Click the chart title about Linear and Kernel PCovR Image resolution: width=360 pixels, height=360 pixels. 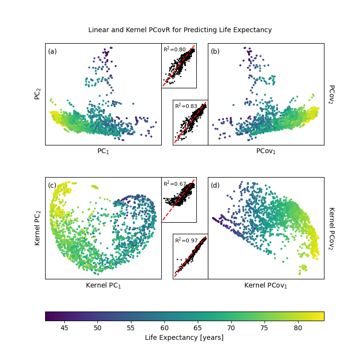(180, 30)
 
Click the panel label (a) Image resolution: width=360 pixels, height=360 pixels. (52, 51)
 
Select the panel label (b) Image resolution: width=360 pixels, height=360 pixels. (215, 51)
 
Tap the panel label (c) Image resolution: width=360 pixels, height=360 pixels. (52, 185)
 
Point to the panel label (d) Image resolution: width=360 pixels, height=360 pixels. (215, 185)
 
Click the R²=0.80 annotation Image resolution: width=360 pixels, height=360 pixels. (174, 49)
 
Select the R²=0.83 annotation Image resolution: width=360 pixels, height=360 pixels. (186, 106)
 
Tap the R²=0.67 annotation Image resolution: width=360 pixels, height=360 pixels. (174, 184)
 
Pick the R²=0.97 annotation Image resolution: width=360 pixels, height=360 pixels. (186, 240)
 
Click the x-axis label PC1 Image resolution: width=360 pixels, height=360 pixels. (103, 151)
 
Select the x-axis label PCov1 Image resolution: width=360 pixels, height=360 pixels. (266, 151)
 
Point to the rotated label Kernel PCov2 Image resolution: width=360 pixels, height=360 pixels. (331, 228)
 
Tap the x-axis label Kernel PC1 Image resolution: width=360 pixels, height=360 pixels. (103, 286)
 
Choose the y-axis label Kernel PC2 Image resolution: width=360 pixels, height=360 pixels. (37, 228)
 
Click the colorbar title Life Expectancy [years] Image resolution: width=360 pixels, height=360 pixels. (184, 338)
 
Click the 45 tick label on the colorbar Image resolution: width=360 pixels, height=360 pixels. (64, 327)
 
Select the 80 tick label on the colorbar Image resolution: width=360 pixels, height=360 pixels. (298, 327)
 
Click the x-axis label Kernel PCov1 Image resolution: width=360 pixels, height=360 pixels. (266, 286)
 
